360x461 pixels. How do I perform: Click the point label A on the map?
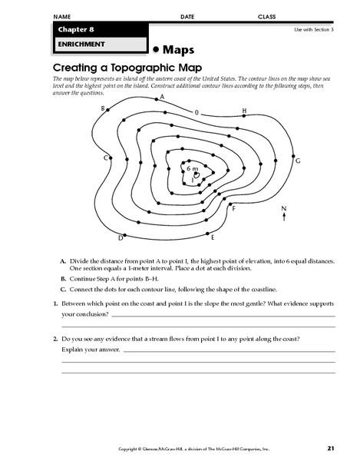point(161,98)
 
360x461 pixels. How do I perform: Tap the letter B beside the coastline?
point(103,109)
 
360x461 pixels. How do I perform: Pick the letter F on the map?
point(233,208)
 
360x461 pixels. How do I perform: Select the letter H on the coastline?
point(244,111)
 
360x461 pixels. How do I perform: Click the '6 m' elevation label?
point(192,167)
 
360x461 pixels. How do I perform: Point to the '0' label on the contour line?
point(197,112)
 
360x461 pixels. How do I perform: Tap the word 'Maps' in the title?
point(181,48)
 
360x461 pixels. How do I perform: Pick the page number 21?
point(330,447)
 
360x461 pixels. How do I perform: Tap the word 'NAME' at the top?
point(63,16)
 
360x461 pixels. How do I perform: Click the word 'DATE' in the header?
point(187,16)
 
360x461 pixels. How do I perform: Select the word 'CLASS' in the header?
point(267,16)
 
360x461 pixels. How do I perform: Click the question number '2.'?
point(56,339)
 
